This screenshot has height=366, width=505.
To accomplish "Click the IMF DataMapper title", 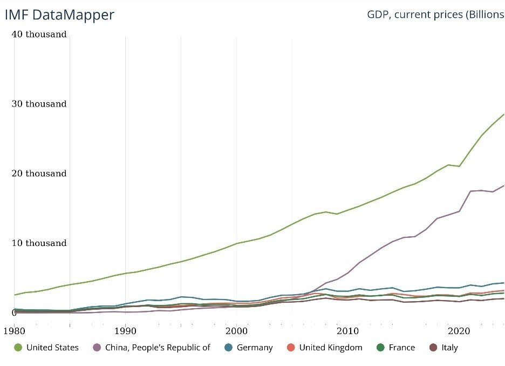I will tap(59, 15).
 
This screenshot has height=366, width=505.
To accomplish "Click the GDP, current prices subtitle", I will tap(435, 14).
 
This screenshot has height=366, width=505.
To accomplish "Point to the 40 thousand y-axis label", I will tap(39, 35).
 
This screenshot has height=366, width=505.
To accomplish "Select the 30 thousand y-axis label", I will tap(39, 104).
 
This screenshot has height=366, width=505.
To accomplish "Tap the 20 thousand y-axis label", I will tap(39, 174).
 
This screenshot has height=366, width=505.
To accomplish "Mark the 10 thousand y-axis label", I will tap(39, 243).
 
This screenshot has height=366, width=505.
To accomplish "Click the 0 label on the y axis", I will tap(15, 312).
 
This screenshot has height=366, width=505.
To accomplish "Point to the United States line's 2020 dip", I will tap(459, 166).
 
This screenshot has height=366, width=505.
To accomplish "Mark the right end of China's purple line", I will tap(504, 185).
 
